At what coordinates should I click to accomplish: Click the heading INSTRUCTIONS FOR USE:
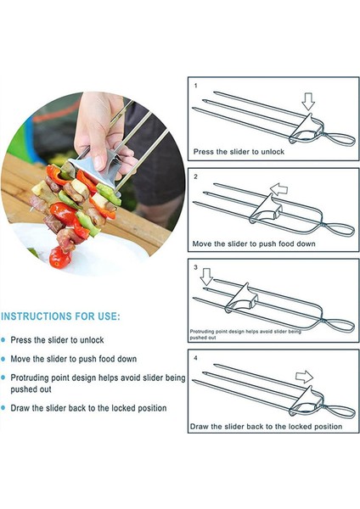point(60,316)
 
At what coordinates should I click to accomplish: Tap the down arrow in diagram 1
point(307,100)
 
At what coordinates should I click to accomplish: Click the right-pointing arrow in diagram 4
point(303,376)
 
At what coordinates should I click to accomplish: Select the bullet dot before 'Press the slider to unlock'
point(6,339)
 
